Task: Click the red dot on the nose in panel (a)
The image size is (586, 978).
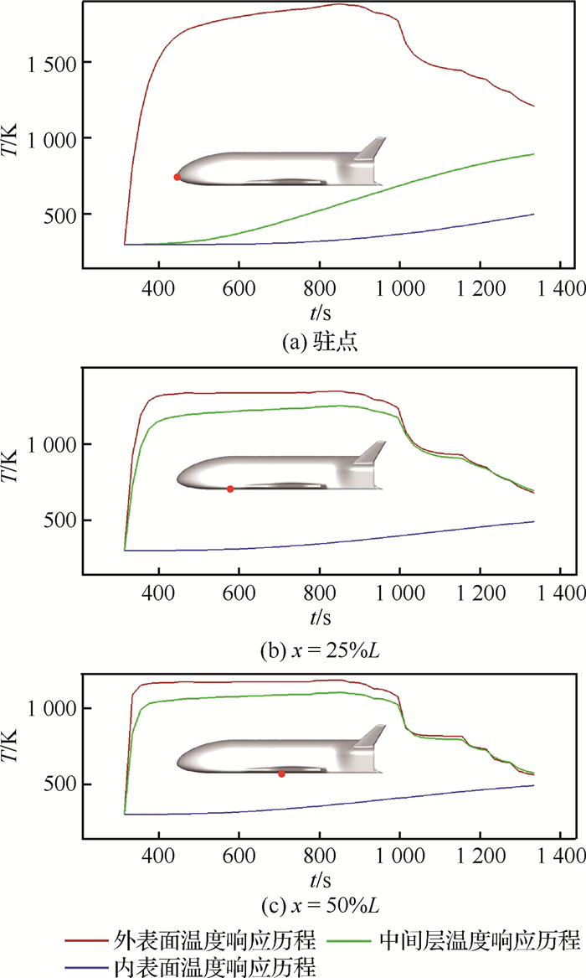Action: [177, 177]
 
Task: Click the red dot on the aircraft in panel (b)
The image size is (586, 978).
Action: [230, 489]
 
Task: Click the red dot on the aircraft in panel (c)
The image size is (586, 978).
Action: [281, 774]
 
